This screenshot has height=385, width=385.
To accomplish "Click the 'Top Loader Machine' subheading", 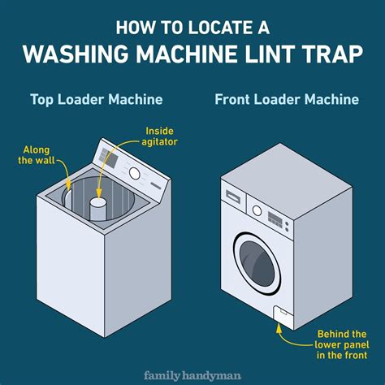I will [x=97, y=100].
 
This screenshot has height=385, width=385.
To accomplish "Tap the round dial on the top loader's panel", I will [x=134, y=172].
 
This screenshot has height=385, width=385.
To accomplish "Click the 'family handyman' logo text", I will [x=192, y=375].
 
